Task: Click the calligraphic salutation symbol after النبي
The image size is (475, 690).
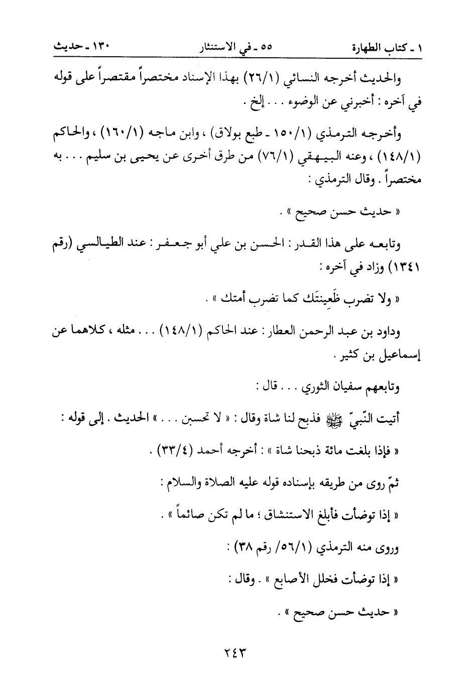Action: click(x=355, y=420)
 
